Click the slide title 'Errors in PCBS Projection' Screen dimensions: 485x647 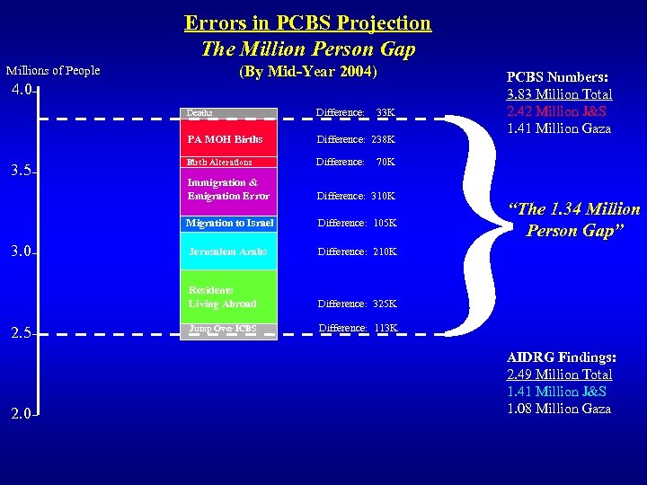coord(307,22)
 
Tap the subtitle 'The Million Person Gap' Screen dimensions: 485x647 coord(307,48)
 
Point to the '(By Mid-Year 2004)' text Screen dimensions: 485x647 coord(307,72)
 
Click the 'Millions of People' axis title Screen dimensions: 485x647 coord(53,70)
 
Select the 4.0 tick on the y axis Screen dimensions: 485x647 coord(22,90)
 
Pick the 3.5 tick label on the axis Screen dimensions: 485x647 coord(22,171)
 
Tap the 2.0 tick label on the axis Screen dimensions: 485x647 coord(22,414)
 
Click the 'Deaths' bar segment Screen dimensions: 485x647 coord(229,113)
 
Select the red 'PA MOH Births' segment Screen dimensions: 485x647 coord(229,139)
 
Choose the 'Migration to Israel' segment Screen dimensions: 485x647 coord(229,223)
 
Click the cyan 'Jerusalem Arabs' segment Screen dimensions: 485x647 coord(229,251)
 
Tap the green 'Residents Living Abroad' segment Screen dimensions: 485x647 coord(229,296)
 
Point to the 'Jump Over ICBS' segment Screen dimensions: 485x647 coord(229,329)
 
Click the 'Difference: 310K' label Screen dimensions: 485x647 coord(355,196)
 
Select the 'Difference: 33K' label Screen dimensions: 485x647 coord(355,112)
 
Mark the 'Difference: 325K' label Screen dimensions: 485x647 coord(355,304)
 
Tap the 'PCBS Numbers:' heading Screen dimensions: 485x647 coord(559,77)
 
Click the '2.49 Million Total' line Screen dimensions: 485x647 coord(559,375)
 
